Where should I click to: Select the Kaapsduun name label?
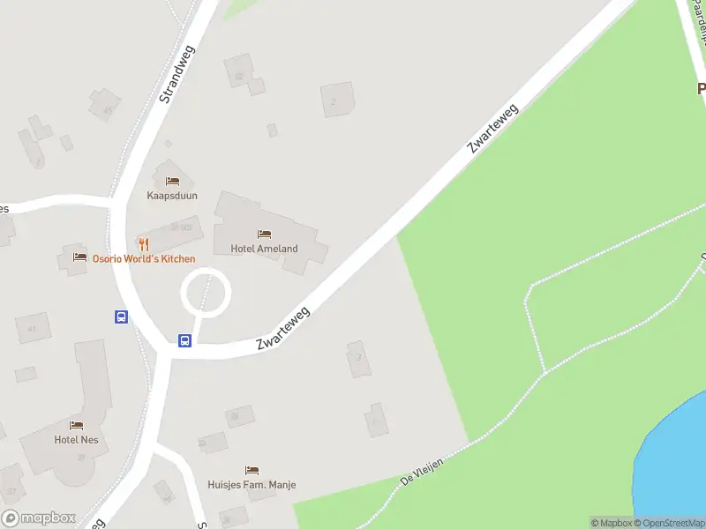click(x=173, y=195)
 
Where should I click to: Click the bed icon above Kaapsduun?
click(x=172, y=181)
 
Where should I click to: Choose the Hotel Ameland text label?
click(x=264, y=249)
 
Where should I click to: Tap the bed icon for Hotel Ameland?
click(x=264, y=234)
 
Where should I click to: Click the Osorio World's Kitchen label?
click(x=145, y=258)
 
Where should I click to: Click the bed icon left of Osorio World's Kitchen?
click(x=79, y=258)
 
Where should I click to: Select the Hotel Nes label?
click(x=76, y=439)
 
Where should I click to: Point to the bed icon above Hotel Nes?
click(x=76, y=425)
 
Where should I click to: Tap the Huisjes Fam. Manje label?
click(x=252, y=485)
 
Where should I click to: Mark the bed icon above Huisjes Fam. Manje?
click(x=252, y=471)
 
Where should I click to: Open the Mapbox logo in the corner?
click(x=38, y=518)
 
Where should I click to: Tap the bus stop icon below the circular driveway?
click(x=184, y=340)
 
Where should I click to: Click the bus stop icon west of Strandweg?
click(x=121, y=317)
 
